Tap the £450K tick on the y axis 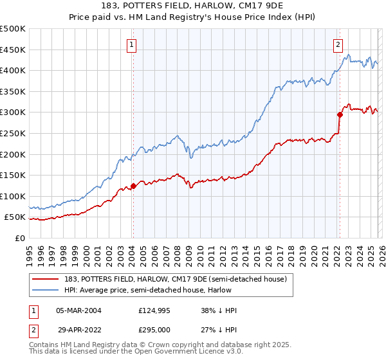click(13, 50)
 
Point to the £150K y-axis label click(13, 175)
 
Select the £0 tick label click(19, 238)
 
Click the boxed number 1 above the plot click(131, 45)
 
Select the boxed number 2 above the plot click(338, 45)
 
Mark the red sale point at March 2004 click(133, 186)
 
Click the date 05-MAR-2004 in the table click(78, 310)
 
